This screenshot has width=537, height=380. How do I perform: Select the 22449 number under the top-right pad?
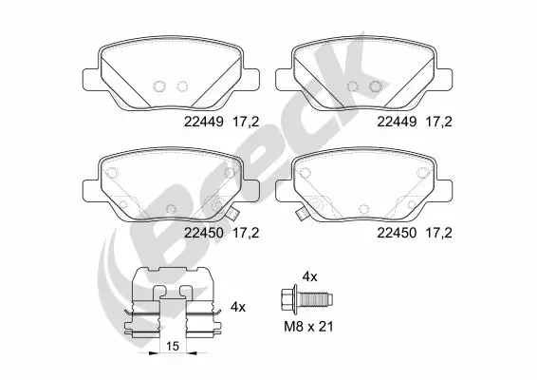tap(397, 122)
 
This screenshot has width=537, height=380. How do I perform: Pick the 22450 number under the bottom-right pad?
tap(397, 231)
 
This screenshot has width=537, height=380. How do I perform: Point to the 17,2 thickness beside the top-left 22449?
tap(246, 122)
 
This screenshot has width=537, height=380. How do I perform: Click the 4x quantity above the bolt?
tap(308, 275)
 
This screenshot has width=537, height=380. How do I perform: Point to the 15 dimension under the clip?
tap(172, 347)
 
